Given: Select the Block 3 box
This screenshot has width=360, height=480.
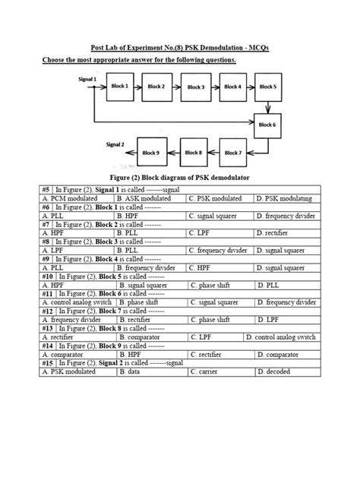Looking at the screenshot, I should pyautogui.click(x=197, y=87).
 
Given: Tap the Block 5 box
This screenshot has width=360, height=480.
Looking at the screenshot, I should pyautogui.click(x=268, y=87).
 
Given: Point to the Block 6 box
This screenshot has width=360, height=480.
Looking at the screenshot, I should pyautogui.click(x=268, y=124).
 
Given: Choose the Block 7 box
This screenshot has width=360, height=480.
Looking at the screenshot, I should pyautogui.click(x=233, y=152).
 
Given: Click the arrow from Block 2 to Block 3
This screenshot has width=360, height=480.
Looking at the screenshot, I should pyautogui.click(x=175, y=87).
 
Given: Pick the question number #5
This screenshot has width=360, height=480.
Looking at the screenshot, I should pyautogui.click(x=46, y=189).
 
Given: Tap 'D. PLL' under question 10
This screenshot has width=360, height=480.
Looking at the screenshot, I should pyautogui.click(x=267, y=286).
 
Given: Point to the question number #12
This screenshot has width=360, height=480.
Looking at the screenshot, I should pyautogui.click(x=47, y=311).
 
